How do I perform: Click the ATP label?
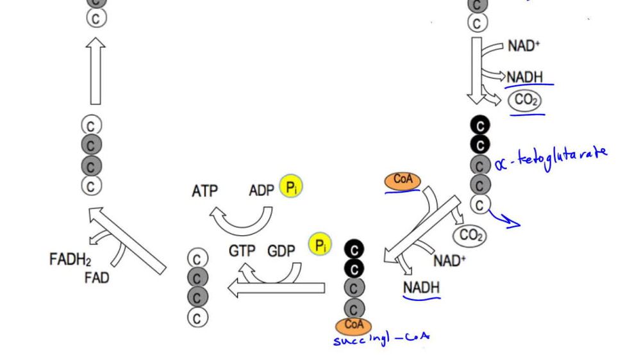(204, 191)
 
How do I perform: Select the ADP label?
(262, 191)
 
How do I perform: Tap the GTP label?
(242, 251)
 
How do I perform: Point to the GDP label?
(281, 251)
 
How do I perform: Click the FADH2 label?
(70, 259)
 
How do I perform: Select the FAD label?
(96, 278)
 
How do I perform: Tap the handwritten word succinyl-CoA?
(381, 338)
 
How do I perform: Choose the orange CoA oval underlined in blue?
(403, 181)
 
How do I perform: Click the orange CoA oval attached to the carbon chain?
(354, 325)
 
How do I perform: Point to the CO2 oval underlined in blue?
(524, 101)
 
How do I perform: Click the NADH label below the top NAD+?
(524, 78)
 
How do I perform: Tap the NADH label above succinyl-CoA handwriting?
(421, 288)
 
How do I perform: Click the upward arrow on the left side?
(96, 70)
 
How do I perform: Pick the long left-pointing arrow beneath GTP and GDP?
(276, 287)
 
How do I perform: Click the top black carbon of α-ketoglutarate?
(479, 124)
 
